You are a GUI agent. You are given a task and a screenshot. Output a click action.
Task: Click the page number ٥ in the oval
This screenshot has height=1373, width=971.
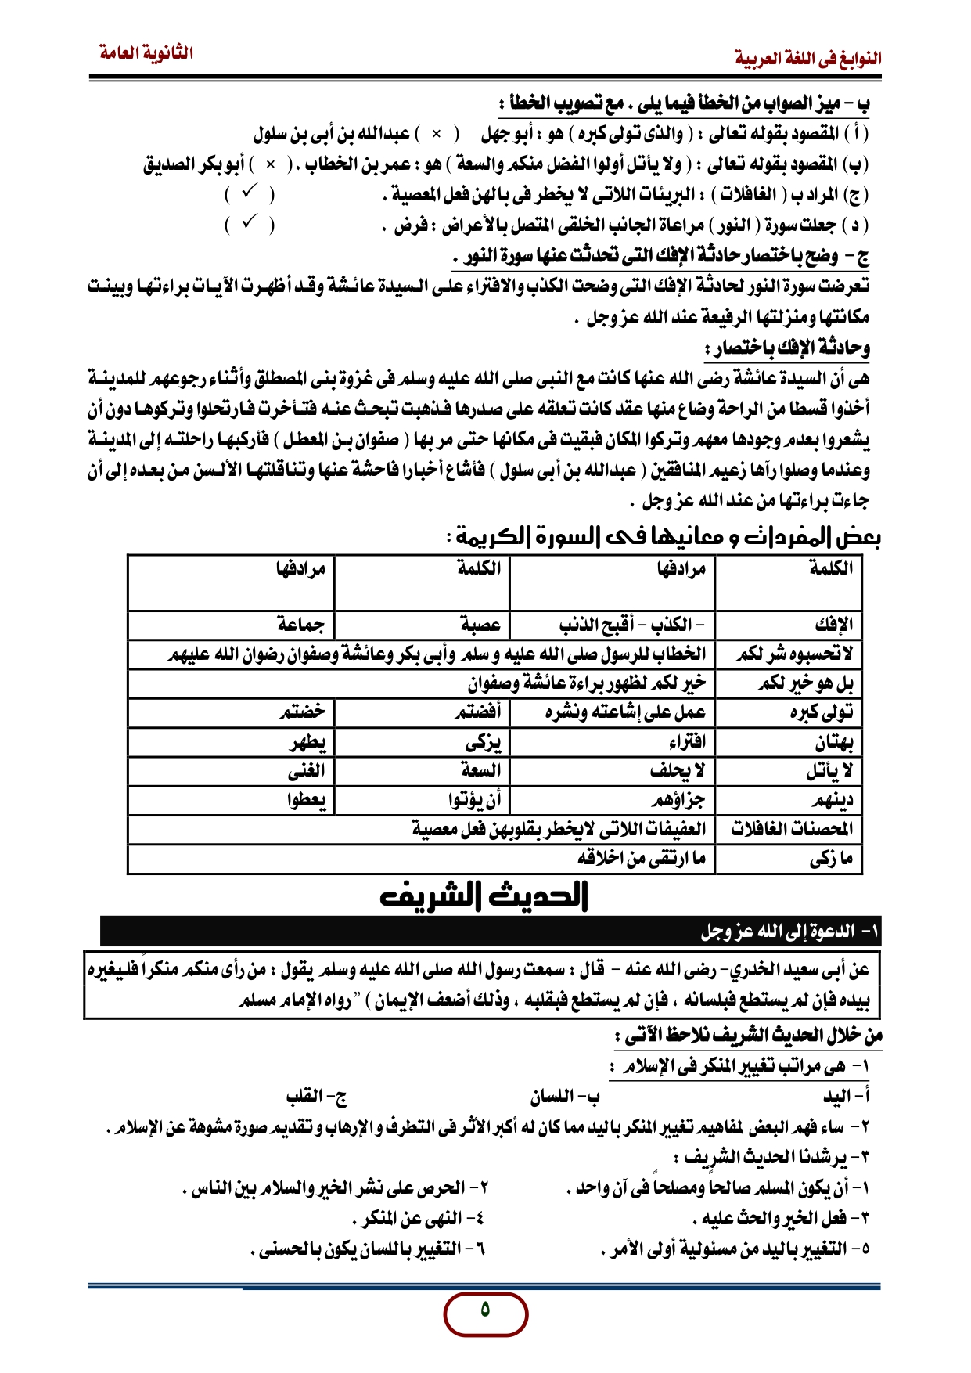[485, 1310]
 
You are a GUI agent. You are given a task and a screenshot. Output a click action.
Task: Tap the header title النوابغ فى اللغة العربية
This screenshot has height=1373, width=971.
[807, 59]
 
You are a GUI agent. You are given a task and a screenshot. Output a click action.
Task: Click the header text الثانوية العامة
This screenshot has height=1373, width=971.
[146, 53]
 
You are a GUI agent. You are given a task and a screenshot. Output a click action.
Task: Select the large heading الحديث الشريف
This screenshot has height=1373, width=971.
[484, 895]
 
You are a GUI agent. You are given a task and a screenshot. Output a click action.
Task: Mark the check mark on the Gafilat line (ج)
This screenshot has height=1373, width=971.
[250, 193]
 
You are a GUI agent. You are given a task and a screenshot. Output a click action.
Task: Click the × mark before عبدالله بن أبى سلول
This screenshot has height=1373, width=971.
[437, 134]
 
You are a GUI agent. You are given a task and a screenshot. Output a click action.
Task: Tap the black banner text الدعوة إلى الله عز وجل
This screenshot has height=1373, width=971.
[790, 932]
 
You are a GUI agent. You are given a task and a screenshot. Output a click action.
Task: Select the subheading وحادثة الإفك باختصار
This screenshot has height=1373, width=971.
[787, 348]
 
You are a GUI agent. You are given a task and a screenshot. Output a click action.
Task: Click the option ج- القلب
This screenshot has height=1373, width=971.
[316, 1097]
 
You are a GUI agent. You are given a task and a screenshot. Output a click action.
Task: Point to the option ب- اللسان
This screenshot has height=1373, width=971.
[564, 1097]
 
